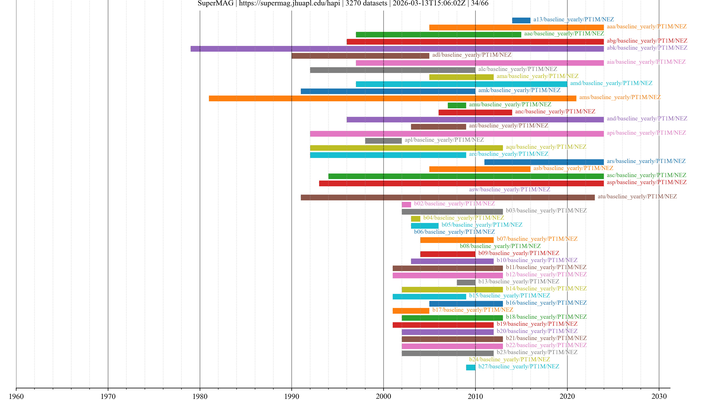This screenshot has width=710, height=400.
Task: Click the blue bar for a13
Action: pos(521,20)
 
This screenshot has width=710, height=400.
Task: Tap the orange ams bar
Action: pos(392,98)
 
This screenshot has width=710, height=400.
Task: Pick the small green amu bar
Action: pos(457,105)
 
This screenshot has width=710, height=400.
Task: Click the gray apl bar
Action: pos(383,141)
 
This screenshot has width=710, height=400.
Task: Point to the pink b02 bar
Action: pos(406,205)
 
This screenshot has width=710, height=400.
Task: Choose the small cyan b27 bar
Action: pos(471,367)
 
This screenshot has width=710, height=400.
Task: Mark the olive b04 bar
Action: pos(415,219)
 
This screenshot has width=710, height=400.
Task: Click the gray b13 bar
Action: pos(466,282)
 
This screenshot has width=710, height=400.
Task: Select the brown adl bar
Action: pos(360,56)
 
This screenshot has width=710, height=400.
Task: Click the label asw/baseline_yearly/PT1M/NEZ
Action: pos(509,189)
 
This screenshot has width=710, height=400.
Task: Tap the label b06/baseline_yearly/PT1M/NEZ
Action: pos(454,232)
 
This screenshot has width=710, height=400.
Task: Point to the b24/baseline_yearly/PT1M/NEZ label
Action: pos(509,359)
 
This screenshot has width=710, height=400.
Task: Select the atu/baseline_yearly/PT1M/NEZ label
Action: pos(637,196)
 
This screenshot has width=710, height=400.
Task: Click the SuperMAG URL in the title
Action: pos(289,3)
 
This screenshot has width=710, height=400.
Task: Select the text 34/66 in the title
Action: pos(480,3)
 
